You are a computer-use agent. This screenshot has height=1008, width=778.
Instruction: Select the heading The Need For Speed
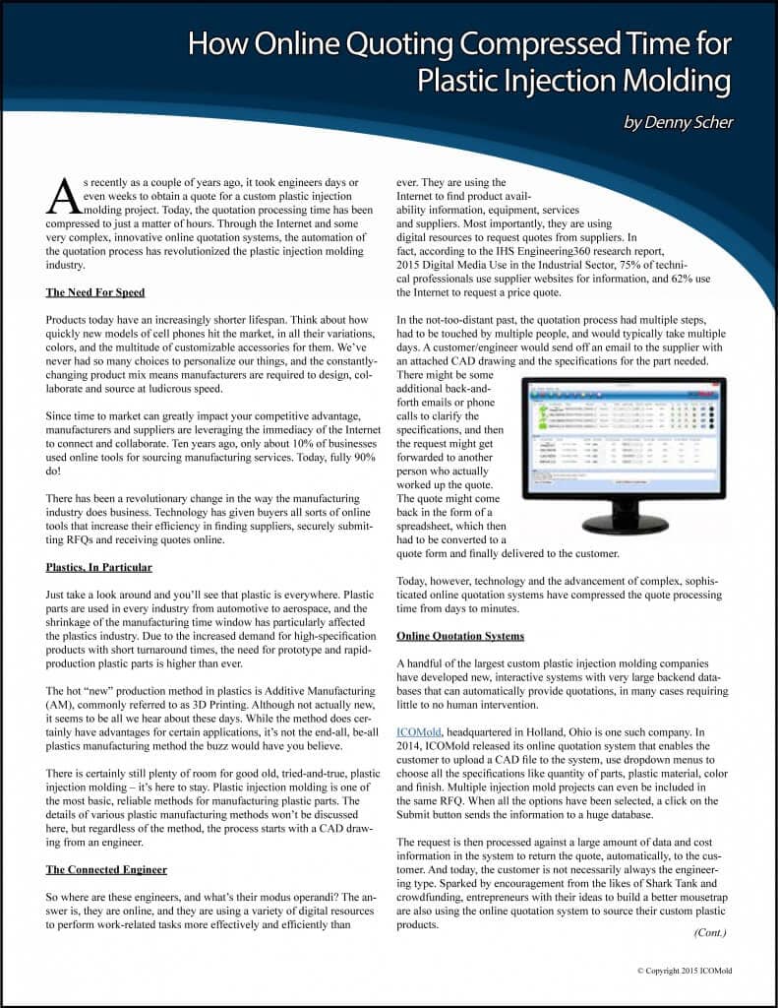click(96, 293)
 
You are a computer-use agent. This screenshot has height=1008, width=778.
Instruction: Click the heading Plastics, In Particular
click(99, 567)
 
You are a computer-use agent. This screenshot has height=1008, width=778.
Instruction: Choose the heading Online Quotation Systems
click(460, 636)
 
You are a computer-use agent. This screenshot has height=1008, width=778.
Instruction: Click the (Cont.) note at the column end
click(711, 931)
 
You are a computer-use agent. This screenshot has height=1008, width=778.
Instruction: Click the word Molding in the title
click(675, 80)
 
